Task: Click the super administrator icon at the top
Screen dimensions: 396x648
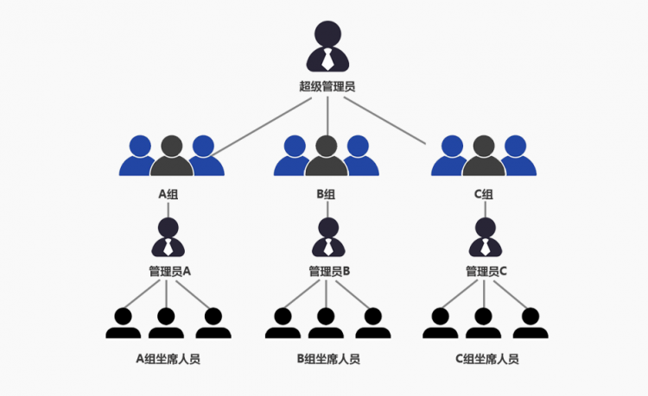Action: [327, 47]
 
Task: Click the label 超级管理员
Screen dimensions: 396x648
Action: [327, 86]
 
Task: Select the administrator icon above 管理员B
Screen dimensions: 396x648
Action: [327, 238]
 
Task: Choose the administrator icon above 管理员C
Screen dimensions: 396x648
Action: [485, 238]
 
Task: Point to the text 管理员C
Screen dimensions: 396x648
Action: [486, 271]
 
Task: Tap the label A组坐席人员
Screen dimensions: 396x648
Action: [169, 359]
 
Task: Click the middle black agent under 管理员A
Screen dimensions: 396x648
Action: [167, 324]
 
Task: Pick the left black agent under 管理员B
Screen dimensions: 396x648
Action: [283, 324]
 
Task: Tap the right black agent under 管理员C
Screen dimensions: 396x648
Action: [530, 324]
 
